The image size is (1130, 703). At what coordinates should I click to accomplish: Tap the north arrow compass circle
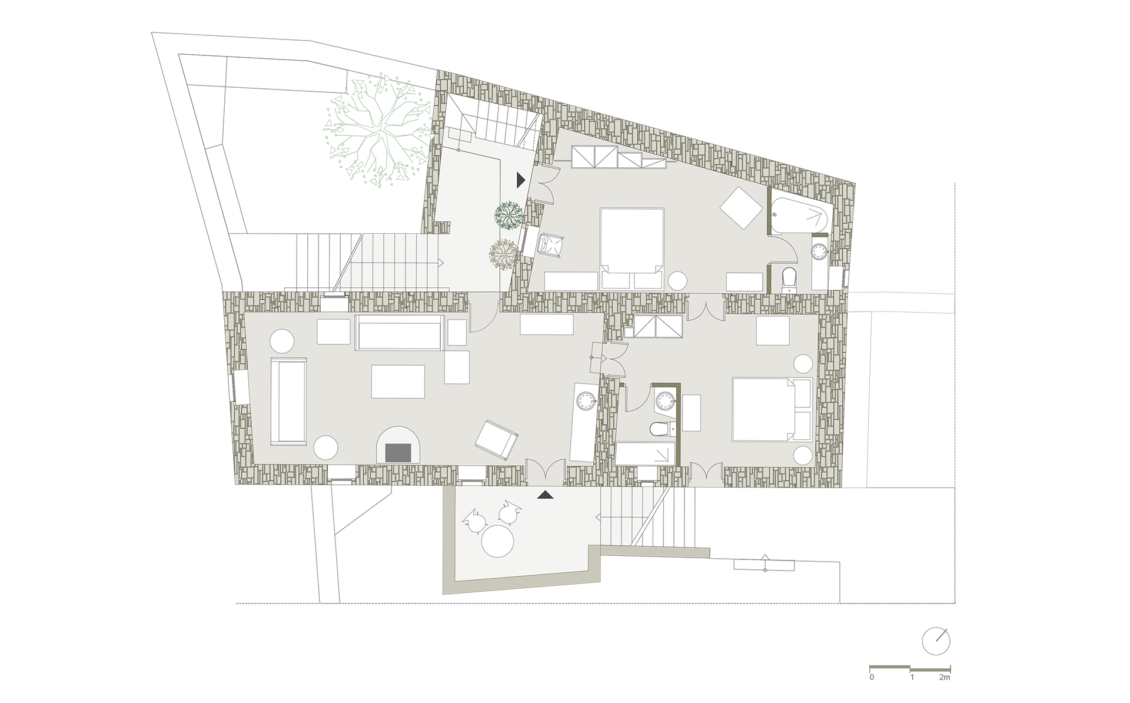point(936,641)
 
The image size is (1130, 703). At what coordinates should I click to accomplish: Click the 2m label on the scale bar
point(944,678)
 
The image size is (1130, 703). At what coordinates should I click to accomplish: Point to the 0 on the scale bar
point(872,678)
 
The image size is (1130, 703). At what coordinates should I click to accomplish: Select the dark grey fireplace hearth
point(398,452)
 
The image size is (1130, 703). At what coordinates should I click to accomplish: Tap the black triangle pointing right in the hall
point(520,180)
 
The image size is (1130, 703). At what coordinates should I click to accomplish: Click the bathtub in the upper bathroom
point(801,216)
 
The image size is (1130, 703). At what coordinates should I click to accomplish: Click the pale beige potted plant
point(503,254)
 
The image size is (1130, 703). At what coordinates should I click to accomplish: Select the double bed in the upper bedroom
point(632,248)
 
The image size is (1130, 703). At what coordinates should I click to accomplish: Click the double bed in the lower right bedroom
point(772,410)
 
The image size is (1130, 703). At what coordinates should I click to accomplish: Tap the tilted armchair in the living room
point(497,439)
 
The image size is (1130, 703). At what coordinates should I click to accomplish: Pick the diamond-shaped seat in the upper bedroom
point(742,208)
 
